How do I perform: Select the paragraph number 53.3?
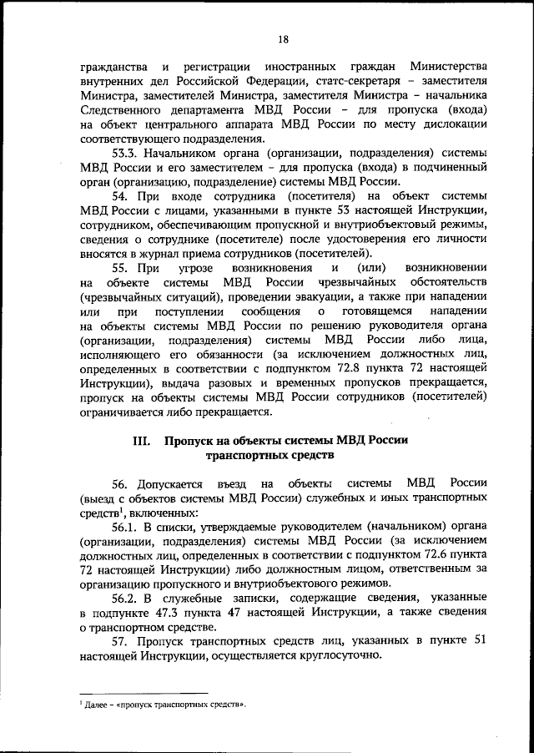(x=126, y=154)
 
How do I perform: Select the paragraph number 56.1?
(x=126, y=528)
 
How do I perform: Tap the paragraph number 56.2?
(x=126, y=599)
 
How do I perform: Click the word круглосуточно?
(x=334, y=656)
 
